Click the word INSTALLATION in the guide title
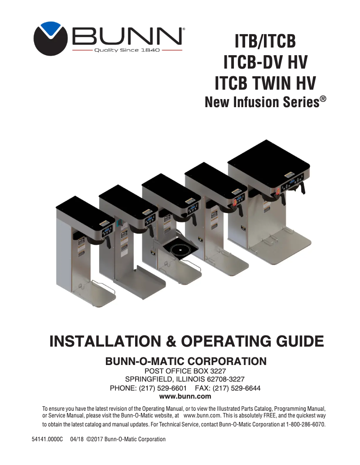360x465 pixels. tap(105, 341)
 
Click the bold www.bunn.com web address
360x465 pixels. tap(185, 396)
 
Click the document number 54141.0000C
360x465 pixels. tap(47, 439)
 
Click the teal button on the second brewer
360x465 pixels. tap(117, 223)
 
